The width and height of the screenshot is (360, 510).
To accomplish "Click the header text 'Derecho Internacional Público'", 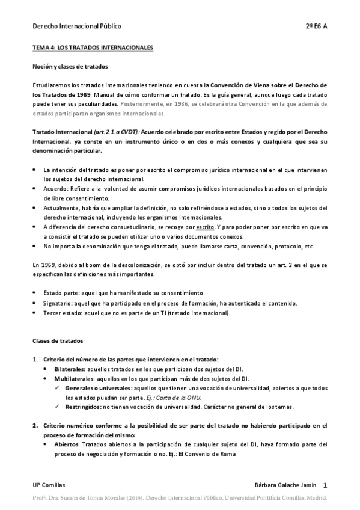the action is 76,26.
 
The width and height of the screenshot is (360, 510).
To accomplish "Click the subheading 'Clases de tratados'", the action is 58,340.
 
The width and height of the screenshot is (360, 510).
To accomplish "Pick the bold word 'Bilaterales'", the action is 69,369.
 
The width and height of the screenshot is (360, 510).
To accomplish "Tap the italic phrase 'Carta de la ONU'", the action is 214,398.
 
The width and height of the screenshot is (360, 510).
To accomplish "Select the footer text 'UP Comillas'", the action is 49,485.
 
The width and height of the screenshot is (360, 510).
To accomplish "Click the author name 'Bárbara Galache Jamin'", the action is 286,485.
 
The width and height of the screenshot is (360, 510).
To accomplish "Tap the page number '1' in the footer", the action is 325,485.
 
